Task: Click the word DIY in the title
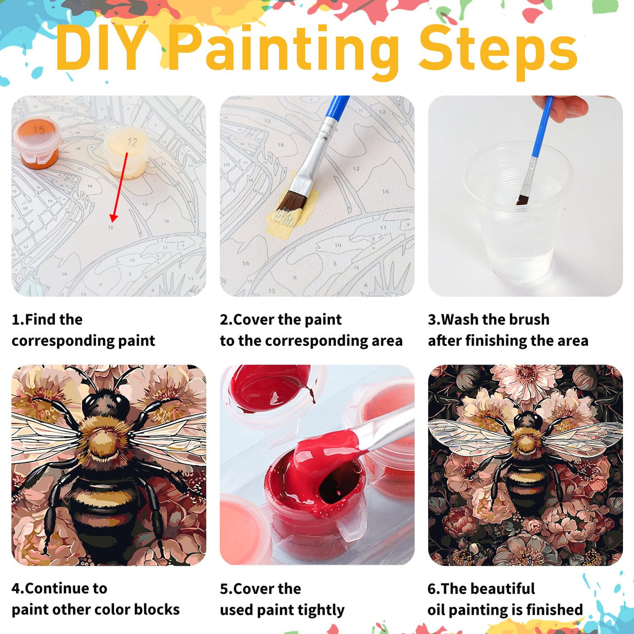(99, 50)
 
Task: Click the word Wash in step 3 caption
(460, 319)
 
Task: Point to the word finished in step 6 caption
(554, 609)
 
